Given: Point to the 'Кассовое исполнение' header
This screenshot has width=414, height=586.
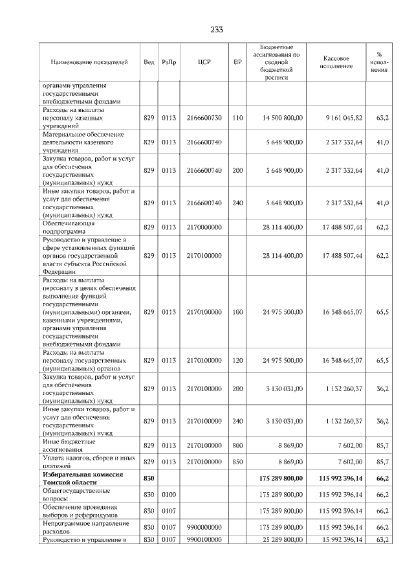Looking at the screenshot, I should tap(336, 62).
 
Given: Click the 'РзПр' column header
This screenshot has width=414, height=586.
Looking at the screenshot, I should tap(169, 62).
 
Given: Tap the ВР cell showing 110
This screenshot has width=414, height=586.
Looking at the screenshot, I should tap(237, 118).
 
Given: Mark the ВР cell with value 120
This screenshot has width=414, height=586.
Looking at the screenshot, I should tap(237, 360).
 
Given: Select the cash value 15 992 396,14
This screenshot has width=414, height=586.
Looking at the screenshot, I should tap(340, 540).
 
